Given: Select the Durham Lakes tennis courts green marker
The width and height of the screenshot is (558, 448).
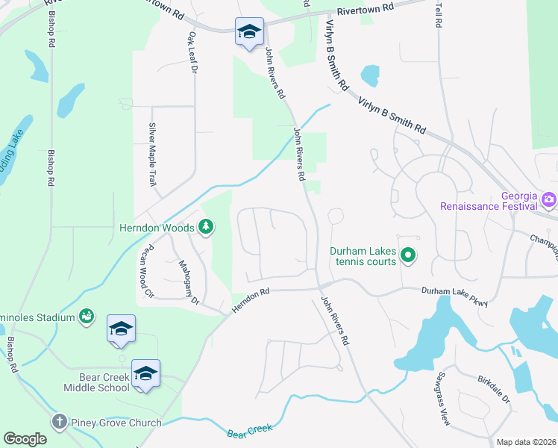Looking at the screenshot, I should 407,256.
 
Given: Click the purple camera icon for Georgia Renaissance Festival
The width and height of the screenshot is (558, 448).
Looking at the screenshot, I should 550,199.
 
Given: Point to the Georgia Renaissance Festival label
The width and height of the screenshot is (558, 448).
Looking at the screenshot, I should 489,199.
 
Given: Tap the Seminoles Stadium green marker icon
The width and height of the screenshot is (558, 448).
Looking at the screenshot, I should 87,317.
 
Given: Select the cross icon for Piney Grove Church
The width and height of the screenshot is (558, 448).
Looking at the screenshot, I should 59,422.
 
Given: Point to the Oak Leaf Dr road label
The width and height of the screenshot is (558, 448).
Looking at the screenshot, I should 192,52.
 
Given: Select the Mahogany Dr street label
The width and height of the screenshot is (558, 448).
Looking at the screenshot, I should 189,281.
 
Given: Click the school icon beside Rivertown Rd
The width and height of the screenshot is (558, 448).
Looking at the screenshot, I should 248,32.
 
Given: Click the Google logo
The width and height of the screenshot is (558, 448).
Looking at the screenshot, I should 25,439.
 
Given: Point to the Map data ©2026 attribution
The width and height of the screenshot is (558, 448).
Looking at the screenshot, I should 526,442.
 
